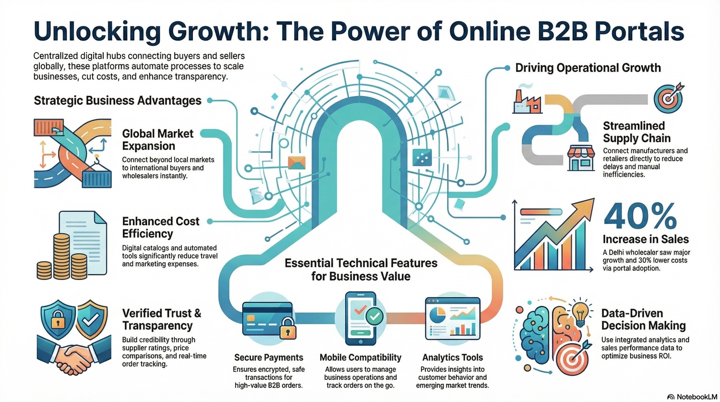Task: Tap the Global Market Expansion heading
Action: coord(157,140)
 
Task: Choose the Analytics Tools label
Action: coord(452,357)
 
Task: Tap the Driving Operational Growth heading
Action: coord(588,68)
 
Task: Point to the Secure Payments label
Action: coord(268,357)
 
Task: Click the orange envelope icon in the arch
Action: coord(296,162)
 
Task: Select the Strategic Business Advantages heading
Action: coord(118,100)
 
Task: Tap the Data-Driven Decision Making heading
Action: coord(643,319)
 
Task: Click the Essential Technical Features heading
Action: coord(360,269)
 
